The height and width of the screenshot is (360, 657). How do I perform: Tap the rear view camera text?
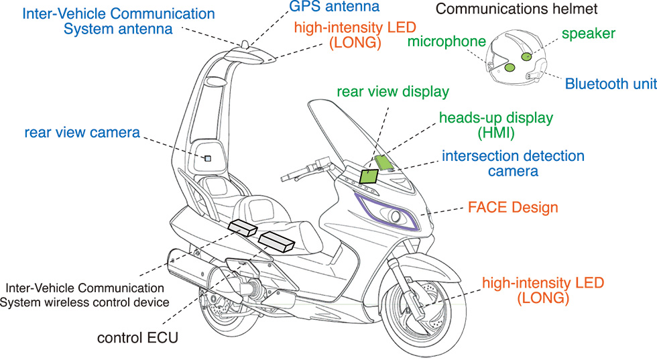[x=82, y=133]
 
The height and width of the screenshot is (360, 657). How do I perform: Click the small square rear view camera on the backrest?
[x=207, y=158]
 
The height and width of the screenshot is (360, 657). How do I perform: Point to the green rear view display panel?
[x=369, y=176]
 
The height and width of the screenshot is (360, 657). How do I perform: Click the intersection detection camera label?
[x=513, y=164]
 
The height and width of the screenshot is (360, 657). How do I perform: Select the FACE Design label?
[x=512, y=207]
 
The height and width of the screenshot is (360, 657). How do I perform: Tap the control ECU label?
[x=137, y=338]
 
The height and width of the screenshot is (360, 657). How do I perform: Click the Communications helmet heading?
[x=516, y=9]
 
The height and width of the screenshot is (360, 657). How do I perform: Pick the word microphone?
[x=446, y=42]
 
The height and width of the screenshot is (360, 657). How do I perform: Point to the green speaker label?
[x=588, y=33]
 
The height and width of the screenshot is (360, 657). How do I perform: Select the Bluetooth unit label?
[x=609, y=84]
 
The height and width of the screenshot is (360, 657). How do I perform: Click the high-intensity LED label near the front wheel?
[x=542, y=289]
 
